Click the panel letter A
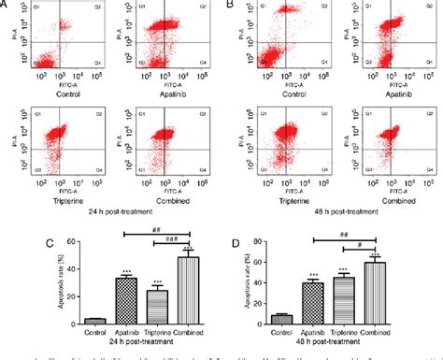pos(7,5)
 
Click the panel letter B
pos(229,5)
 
